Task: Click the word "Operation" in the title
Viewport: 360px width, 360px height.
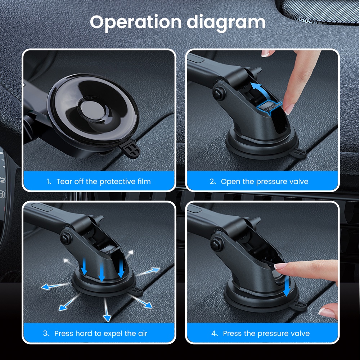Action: tap(135, 22)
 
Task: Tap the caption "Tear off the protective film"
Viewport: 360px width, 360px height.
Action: tap(104, 181)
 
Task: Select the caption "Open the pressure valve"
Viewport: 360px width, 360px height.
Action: tap(265, 181)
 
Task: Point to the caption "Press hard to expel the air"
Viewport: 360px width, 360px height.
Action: tap(101, 333)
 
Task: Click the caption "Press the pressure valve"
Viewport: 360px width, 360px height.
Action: tap(266, 333)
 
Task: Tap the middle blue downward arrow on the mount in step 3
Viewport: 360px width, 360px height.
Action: tap(102, 272)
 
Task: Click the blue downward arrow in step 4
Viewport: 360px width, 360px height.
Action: tap(287, 286)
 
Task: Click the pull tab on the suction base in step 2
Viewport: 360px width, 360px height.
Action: tap(298, 153)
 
